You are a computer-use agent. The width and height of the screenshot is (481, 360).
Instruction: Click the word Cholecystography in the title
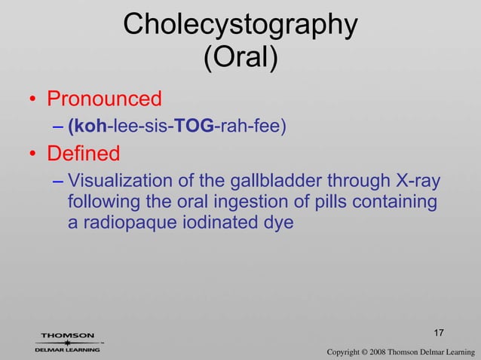(x=240, y=25)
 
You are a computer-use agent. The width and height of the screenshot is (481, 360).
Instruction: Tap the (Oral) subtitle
(x=240, y=58)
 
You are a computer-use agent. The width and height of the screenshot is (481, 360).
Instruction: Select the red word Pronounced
(x=105, y=99)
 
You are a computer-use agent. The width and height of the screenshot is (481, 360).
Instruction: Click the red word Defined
(x=84, y=154)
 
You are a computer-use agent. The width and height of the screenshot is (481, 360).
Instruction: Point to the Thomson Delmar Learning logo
(x=68, y=343)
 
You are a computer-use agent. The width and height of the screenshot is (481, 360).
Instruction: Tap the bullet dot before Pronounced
(x=34, y=100)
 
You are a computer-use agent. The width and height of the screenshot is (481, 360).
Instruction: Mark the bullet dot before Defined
(x=34, y=156)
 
